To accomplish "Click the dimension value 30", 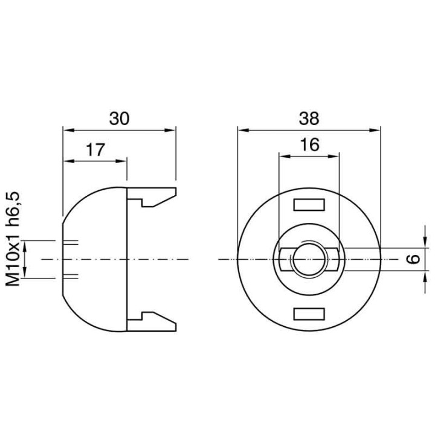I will click(x=119, y=118).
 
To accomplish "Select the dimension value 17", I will click(x=95, y=150).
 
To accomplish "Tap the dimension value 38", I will click(x=309, y=118).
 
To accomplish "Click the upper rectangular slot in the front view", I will click(x=308, y=205).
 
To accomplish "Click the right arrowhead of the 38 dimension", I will click(x=376, y=129).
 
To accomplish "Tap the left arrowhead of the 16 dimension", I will click(x=282, y=155).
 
